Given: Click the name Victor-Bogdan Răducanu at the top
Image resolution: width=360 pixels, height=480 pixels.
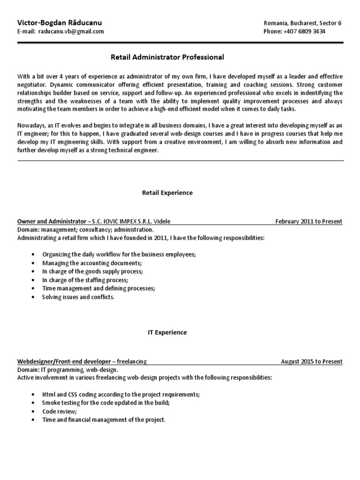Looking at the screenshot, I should pyautogui.click(x=59, y=22).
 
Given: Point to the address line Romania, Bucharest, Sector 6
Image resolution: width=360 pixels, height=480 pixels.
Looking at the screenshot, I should pyautogui.click(x=303, y=22).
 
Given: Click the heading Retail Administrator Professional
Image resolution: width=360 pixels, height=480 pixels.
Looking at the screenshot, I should pyautogui.click(x=167, y=57).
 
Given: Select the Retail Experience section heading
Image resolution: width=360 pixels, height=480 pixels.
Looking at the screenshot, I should pyautogui.click(x=167, y=193).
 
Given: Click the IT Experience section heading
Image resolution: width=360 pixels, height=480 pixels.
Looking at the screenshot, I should pyautogui.click(x=164, y=332).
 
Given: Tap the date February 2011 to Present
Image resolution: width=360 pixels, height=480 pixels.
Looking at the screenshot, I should pyautogui.click(x=309, y=221).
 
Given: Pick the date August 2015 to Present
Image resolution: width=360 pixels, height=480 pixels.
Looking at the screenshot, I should pyautogui.click(x=312, y=361).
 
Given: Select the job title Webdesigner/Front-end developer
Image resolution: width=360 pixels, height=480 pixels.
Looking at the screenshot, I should pyautogui.click(x=64, y=361).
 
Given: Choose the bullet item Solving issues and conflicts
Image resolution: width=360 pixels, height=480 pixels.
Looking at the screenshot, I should pyautogui.click(x=78, y=297).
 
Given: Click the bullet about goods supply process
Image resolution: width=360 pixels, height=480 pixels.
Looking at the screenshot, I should pyautogui.click(x=92, y=271).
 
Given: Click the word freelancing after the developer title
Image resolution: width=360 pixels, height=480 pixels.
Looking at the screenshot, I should pyautogui.click(x=132, y=361).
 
